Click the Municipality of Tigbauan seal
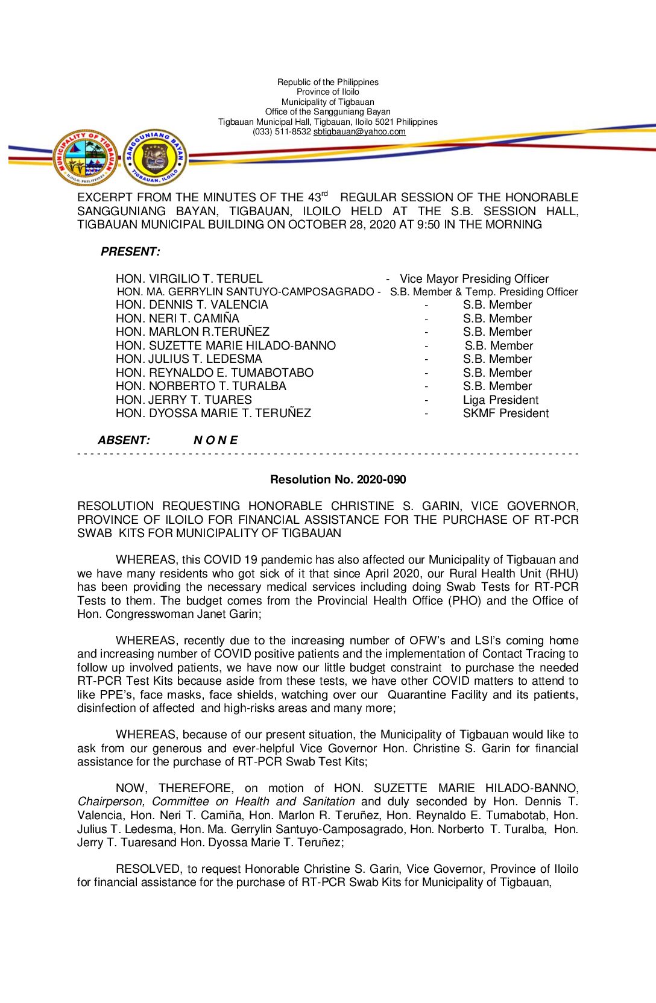pos(85,158)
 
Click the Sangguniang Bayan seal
pos(155,158)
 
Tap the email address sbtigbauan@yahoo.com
pos(359,131)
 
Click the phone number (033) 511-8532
pos(282,131)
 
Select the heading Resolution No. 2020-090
pos(338,480)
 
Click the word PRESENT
pos(130,252)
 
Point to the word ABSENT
pos(124,441)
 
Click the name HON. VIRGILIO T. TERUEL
pos(189,279)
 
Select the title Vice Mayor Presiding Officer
pos(474,279)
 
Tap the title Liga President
pos(500,400)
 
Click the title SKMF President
pos(505,413)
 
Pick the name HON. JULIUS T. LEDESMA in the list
pos(189,359)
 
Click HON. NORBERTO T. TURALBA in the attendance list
pos(201,386)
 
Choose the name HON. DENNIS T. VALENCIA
pos(192,305)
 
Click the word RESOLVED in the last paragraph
pos(148,869)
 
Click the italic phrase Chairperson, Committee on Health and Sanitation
pos(216,802)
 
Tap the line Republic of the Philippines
pos(328,82)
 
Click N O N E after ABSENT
pos(215,441)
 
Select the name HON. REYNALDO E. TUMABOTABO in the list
pos(215,373)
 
